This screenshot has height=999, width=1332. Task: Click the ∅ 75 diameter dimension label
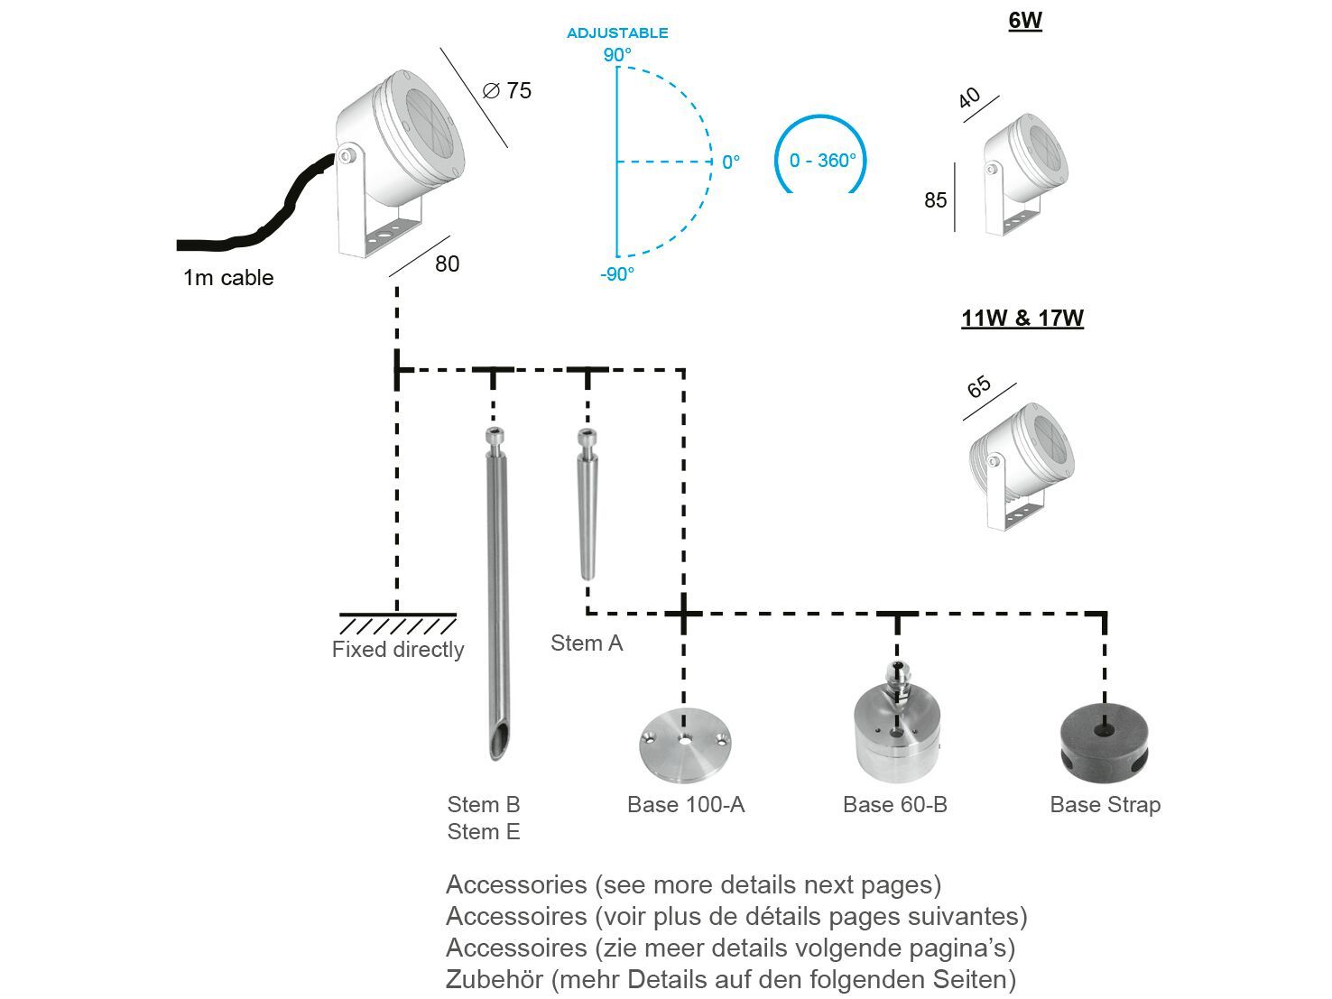(x=507, y=90)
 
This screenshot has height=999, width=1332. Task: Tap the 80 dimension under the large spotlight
(x=447, y=264)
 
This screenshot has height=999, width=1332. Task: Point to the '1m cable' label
(x=228, y=278)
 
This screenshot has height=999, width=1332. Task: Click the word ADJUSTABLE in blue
(x=617, y=33)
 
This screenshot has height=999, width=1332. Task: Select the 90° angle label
(x=617, y=55)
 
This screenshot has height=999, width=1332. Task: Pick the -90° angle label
(x=617, y=274)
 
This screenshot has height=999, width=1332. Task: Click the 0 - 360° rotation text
(x=822, y=161)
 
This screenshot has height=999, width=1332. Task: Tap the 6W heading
(x=1025, y=21)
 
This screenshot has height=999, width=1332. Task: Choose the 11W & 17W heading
(x=1022, y=319)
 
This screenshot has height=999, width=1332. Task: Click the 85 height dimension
(x=935, y=199)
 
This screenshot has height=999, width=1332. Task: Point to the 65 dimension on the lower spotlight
(x=979, y=387)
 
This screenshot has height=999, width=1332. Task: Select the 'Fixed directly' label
(x=398, y=650)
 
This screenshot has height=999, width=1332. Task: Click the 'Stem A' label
(x=587, y=643)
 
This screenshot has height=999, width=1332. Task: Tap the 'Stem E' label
(x=484, y=832)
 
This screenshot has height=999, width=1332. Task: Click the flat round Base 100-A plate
(x=685, y=745)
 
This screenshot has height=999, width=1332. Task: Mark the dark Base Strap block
(x=1104, y=740)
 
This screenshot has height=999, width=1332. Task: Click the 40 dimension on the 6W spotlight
(x=969, y=97)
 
